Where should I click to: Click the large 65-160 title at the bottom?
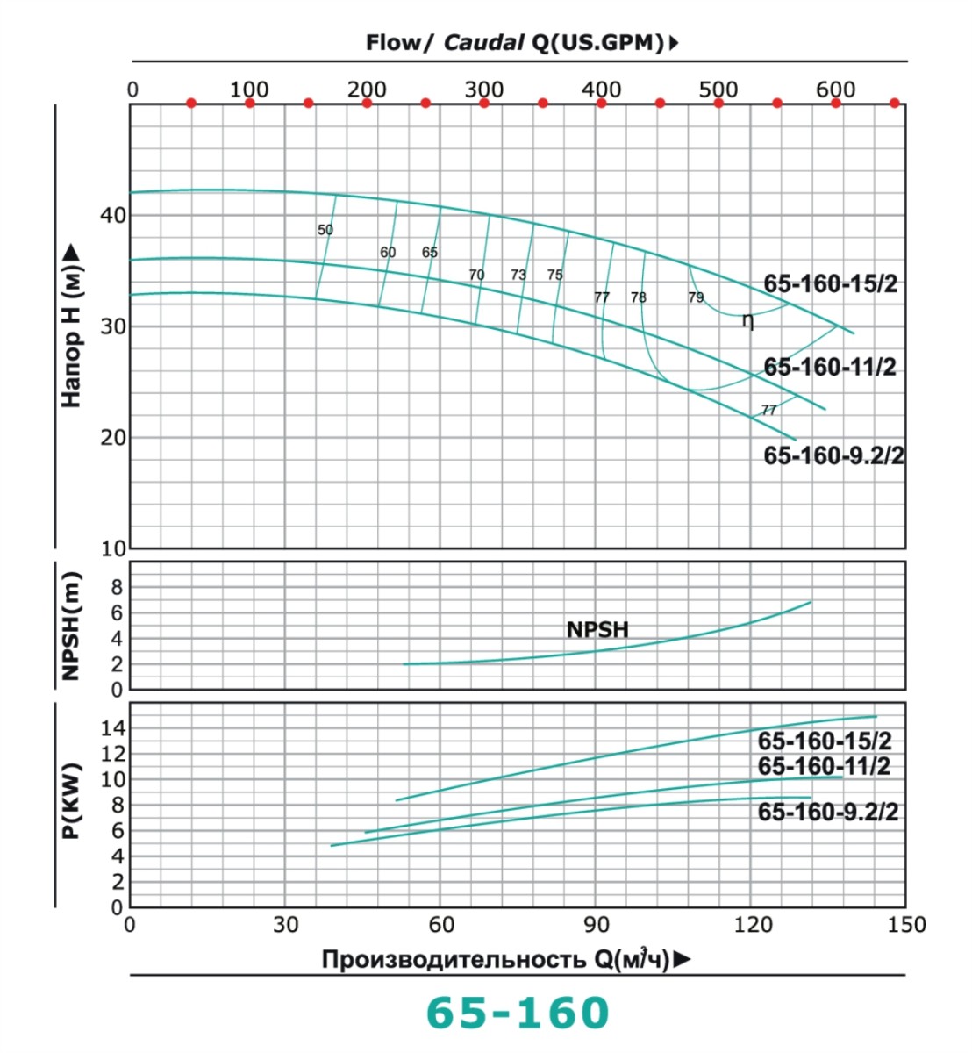pos(518,1013)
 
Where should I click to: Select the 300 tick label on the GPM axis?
pos(484,89)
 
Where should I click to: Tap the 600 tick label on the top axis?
pos(835,89)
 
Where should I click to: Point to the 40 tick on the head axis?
pos(113,215)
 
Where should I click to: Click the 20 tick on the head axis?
pos(113,437)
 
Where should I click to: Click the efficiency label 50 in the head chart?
pos(325,230)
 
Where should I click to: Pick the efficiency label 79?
pos(696,297)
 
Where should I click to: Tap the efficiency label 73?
pos(518,275)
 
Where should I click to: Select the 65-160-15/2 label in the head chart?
pos(830,284)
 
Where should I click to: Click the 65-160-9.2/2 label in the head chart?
pos(833,455)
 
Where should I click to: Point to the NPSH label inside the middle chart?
pos(597,629)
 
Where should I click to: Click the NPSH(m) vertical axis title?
pos(71,625)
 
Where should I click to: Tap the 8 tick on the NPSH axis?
pos(117,587)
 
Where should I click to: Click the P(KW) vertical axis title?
pos(71,800)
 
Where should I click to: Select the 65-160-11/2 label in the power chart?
pos(824,766)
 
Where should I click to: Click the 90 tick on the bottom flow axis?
pos(597,924)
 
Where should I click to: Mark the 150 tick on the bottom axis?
pos(906,924)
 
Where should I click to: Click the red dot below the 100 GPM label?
pos(250,104)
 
